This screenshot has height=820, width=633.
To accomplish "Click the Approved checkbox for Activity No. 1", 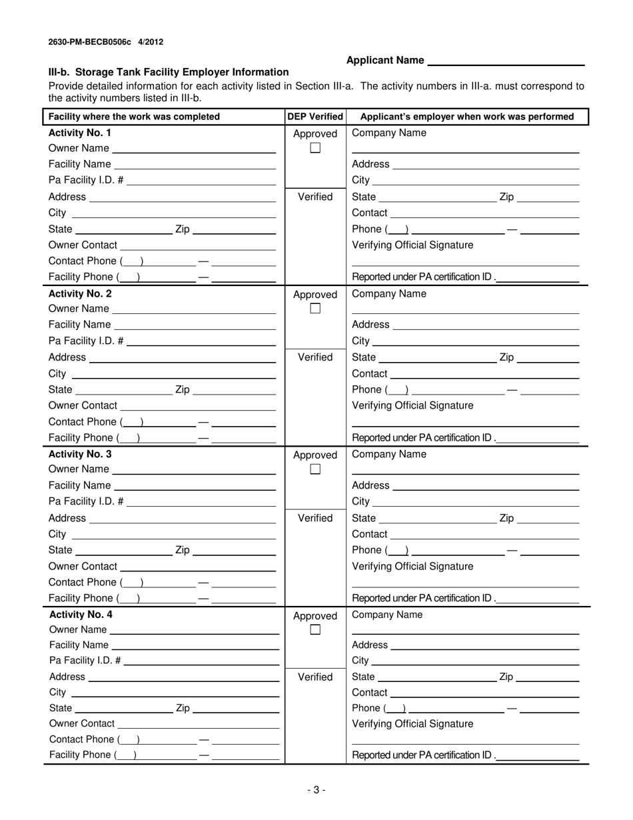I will [x=315, y=148].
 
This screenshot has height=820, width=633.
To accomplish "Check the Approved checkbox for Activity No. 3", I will [x=315, y=469].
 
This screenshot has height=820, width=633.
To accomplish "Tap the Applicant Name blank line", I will [x=505, y=61].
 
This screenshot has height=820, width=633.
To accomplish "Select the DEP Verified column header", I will [x=315, y=117].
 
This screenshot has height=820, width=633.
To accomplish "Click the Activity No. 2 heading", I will [x=80, y=293].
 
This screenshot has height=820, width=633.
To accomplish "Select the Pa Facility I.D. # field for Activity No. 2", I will [x=201, y=341].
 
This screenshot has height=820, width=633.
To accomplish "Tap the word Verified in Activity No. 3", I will [x=315, y=518].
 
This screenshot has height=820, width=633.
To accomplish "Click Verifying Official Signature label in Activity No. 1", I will [x=412, y=245].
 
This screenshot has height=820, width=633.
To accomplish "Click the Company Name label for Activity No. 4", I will [x=387, y=615].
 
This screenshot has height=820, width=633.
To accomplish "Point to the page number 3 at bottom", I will [x=316, y=790].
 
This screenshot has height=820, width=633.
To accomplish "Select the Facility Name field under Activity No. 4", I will [x=195, y=646].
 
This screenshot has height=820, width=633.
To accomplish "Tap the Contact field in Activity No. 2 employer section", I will [x=484, y=374].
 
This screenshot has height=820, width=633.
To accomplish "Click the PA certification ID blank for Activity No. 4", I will [x=538, y=756].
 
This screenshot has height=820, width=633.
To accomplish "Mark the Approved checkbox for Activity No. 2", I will [x=315, y=309].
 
